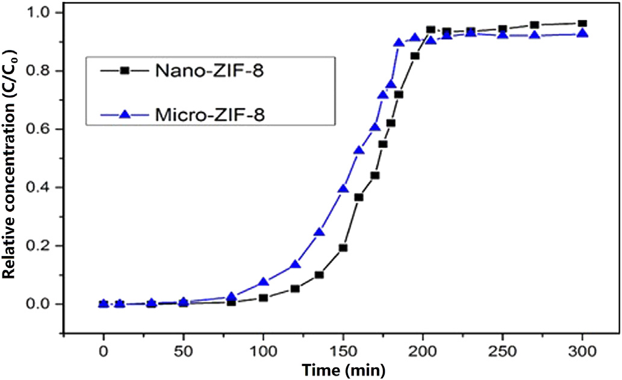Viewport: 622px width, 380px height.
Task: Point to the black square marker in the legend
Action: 124,71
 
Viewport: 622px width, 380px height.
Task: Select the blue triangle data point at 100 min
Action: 263,282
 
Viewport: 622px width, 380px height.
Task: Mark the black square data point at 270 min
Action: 535,25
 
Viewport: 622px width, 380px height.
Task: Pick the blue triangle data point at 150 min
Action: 343,189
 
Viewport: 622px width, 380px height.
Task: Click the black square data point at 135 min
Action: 319,275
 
